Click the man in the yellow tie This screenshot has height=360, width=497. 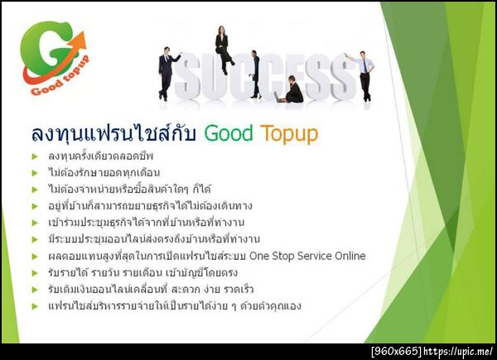pyautogui.click(x=363, y=74)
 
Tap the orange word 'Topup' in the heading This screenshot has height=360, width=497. pyautogui.click(x=289, y=133)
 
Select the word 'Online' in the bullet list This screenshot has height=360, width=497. pyautogui.click(x=349, y=256)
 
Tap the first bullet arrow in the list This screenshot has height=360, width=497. pyautogui.click(x=35, y=156)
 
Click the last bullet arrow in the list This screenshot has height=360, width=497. pyautogui.click(x=35, y=306)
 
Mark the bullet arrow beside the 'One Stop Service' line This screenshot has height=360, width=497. pyautogui.click(x=35, y=257)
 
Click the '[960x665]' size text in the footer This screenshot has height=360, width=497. pyautogui.click(x=396, y=352)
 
